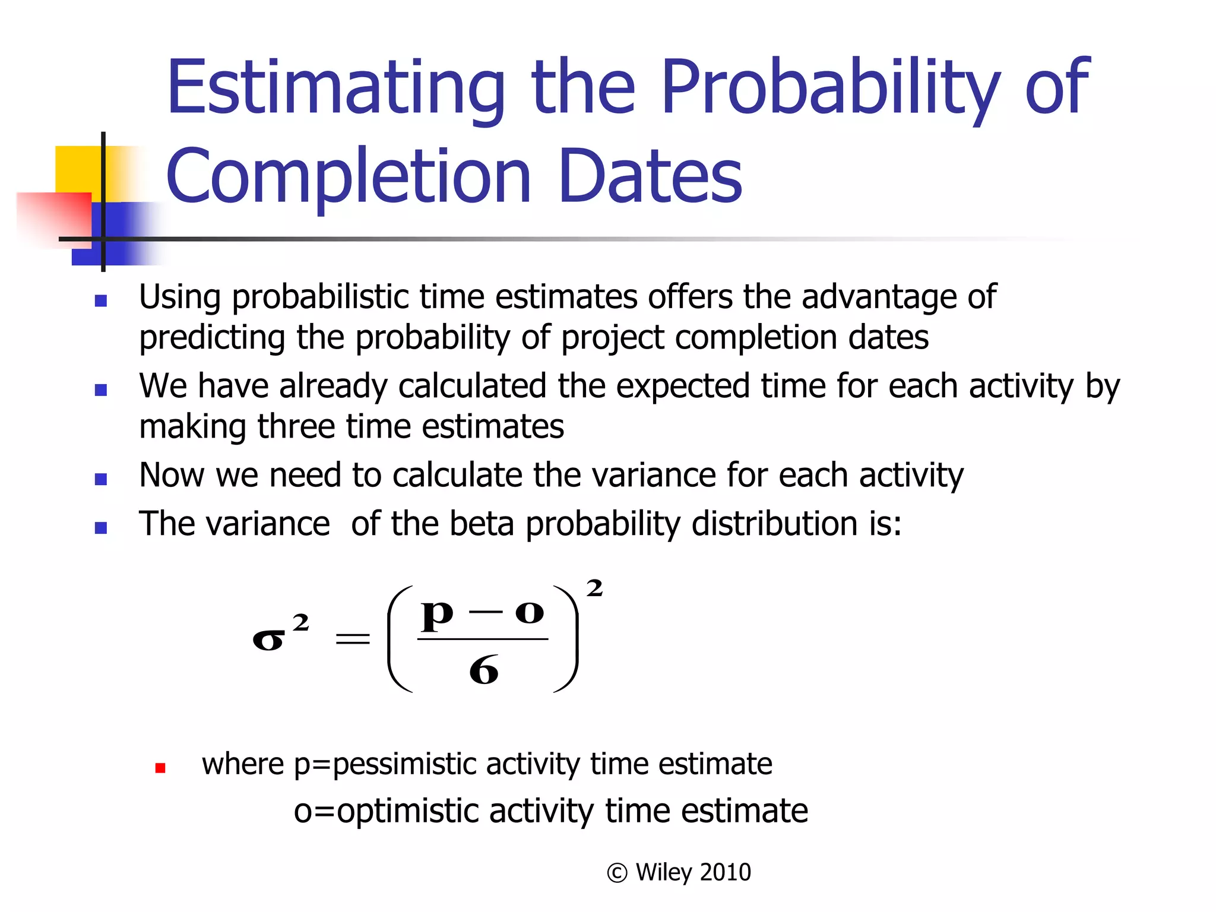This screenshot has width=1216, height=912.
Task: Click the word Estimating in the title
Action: pos(335,89)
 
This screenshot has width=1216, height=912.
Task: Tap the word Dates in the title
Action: pos(650,176)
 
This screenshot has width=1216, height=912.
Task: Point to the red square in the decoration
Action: pos(53,217)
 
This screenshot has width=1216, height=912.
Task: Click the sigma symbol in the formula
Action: pos(268,640)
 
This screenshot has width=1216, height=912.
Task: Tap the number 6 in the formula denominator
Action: pos(483,671)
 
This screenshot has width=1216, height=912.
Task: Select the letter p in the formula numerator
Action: pos(437,615)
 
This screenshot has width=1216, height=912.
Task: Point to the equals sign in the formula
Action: pos(353,639)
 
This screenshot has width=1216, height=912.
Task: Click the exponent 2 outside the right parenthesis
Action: pos(594,588)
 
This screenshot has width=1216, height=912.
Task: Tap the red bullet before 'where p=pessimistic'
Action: pos(160,768)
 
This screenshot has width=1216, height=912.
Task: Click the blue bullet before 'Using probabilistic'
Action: pos(101,301)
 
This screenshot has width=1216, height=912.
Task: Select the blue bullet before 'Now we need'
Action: pos(101,479)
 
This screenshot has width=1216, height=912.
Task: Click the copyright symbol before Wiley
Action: pos(617,873)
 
